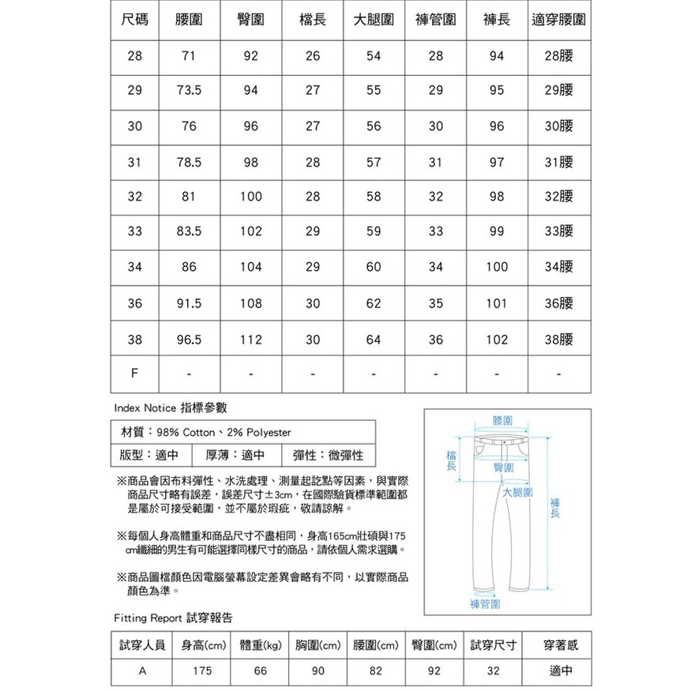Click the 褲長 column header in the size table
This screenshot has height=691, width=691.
tap(496, 19)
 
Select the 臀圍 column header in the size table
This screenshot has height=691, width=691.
tap(250, 19)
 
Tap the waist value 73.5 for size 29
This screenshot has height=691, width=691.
tap(188, 90)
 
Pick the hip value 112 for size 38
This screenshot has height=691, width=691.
tap(250, 339)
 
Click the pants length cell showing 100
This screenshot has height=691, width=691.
tap(496, 268)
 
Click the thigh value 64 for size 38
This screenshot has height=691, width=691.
tap(374, 339)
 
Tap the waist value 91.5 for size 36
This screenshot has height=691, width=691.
tap(188, 303)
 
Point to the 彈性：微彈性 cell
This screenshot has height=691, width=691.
tap(327, 456)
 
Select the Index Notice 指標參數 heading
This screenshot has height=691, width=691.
tap(171, 408)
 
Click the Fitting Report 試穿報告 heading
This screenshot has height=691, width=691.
tap(173, 617)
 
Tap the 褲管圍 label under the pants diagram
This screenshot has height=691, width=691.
tap(486, 604)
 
